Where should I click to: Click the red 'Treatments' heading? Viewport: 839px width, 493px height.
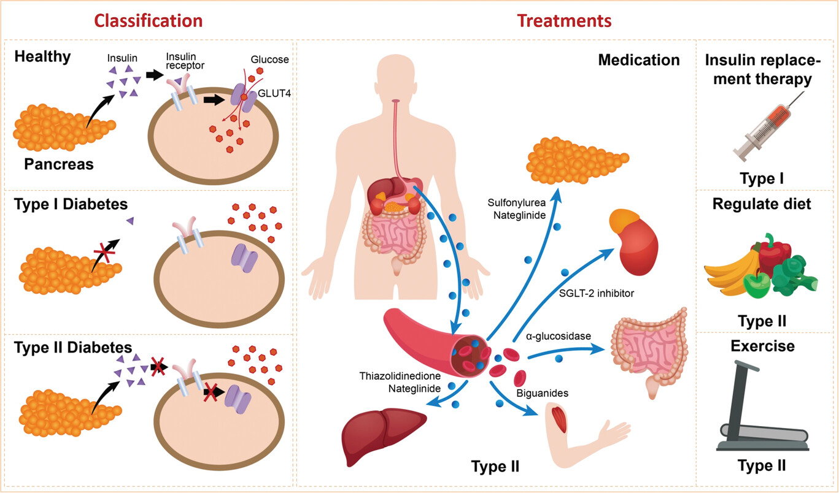pos(564,21)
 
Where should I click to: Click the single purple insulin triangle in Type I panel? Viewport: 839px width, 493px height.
pos(130,220)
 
